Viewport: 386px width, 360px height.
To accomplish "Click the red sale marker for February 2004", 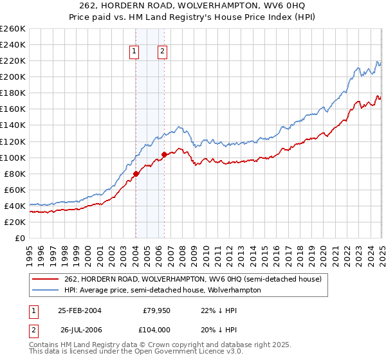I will pyautogui.click(x=136, y=174).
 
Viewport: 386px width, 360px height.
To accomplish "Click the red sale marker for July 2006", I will pyautogui.click(x=165, y=154).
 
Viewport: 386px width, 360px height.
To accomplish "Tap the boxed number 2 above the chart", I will pyautogui.click(x=162, y=52).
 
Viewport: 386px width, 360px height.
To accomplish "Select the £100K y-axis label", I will pyautogui.click(x=13, y=157).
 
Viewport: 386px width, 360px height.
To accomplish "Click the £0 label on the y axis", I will pyautogui.click(x=20, y=238).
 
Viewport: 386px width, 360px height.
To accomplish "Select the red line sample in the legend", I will pyautogui.click(x=46, y=279).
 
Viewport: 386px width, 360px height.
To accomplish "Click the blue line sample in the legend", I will pyautogui.click(x=46, y=290).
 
